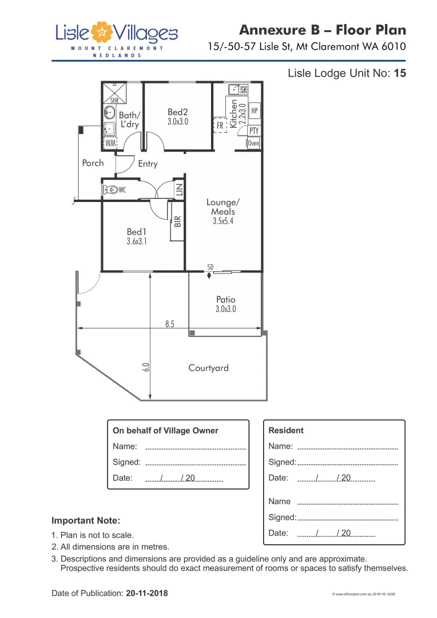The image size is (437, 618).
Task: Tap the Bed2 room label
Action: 177,113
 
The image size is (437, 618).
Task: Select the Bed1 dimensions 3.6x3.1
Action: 136,241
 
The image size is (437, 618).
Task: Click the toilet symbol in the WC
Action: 111,189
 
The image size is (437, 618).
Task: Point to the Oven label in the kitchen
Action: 253,143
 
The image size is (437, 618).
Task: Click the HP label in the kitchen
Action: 255,110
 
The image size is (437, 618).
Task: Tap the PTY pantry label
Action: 254,131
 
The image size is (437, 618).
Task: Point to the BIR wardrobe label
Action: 177,221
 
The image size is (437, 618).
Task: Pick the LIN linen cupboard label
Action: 178,189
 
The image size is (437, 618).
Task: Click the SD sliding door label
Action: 210,267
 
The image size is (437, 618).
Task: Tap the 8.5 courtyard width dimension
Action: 170,324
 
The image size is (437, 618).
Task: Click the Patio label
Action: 225,299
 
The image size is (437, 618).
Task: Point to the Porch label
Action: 93,163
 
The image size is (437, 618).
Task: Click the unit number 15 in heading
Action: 400,73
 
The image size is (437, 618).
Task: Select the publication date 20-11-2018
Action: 147,593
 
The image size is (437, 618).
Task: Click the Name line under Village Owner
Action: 195,447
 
